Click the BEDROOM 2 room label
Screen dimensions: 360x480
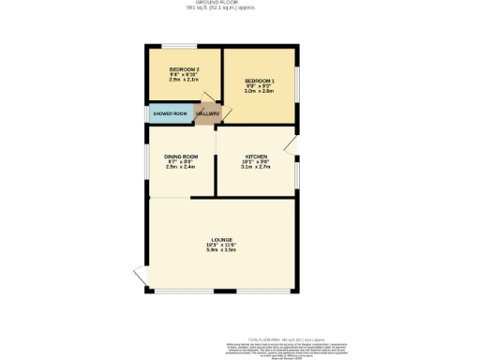(x=183, y=70)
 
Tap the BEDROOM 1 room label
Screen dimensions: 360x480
(x=259, y=82)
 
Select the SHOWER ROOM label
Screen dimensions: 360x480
(x=171, y=114)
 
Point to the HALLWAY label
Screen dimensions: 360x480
(x=207, y=114)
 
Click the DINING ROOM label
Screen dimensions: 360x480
(x=181, y=156)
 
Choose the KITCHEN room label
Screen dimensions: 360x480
(x=256, y=156)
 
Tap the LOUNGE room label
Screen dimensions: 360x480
(x=221, y=241)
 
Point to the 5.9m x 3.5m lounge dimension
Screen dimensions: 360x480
(x=221, y=252)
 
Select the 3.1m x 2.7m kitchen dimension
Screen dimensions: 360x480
(x=256, y=167)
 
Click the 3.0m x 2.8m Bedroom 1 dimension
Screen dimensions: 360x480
(x=259, y=93)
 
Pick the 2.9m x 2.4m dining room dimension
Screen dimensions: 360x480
(x=181, y=167)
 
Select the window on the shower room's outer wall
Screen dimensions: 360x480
(x=149, y=114)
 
